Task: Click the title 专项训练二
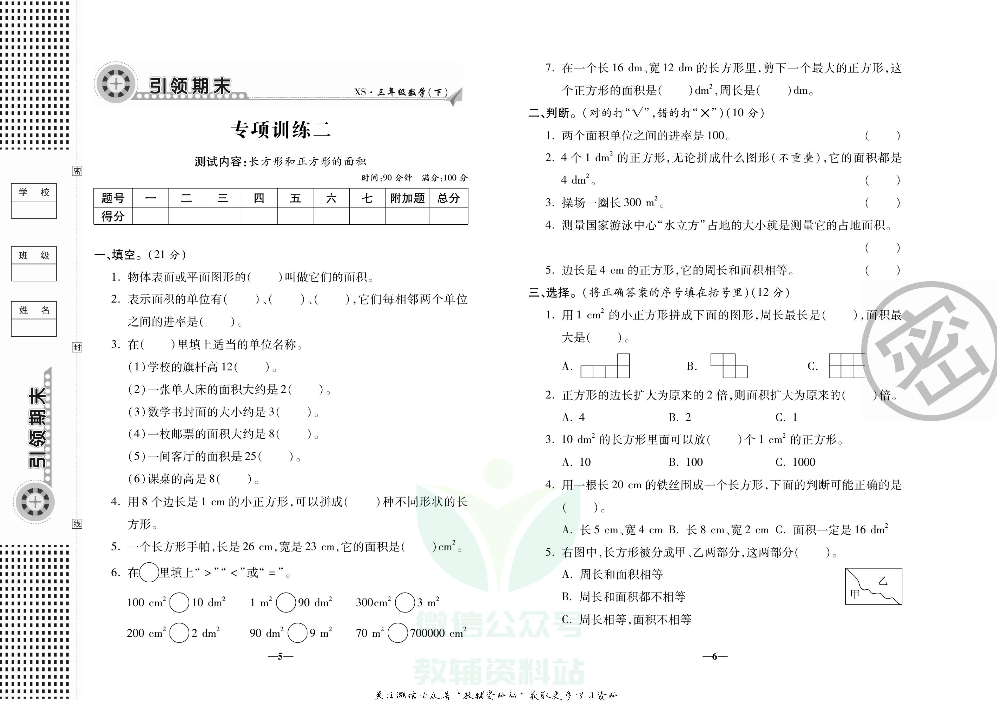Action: pyautogui.click(x=280, y=130)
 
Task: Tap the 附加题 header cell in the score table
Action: pyautogui.click(x=407, y=198)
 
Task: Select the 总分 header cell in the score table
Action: pyautogui.click(x=448, y=198)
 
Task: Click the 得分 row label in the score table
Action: pyautogui.click(x=113, y=216)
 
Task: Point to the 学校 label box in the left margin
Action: pyautogui.click(x=34, y=193)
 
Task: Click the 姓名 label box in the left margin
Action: pyautogui.click(x=34, y=310)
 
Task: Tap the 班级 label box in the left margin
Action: pyautogui.click(x=34, y=256)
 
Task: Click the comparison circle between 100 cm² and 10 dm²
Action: pyautogui.click(x=179, y=602)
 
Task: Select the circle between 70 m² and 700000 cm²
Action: pyautogui.click(x=397, y=633)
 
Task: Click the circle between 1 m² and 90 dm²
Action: pyautogui.click(x=285, y=602)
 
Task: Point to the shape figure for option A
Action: pyautogui.click(x=605, y=366)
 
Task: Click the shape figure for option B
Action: pyautogui.click(x=729, y=366)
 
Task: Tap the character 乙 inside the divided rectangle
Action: pyautogui.click(x=883, y=581)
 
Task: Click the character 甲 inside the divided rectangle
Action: pyautogui.click(x=855, y=594)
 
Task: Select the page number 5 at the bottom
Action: pyautogui.click(x=281, y=656)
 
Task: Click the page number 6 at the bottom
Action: pyautogui.click(x=715, y=656)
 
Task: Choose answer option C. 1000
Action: pyautogui.click(x=795, y=462)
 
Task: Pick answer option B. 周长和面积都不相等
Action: pyautogui.click(x=624, y=597)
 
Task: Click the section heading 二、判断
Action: pyautogui.click(x=549, y=113)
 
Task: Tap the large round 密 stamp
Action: pyautogui.click(x=930, y=351)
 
